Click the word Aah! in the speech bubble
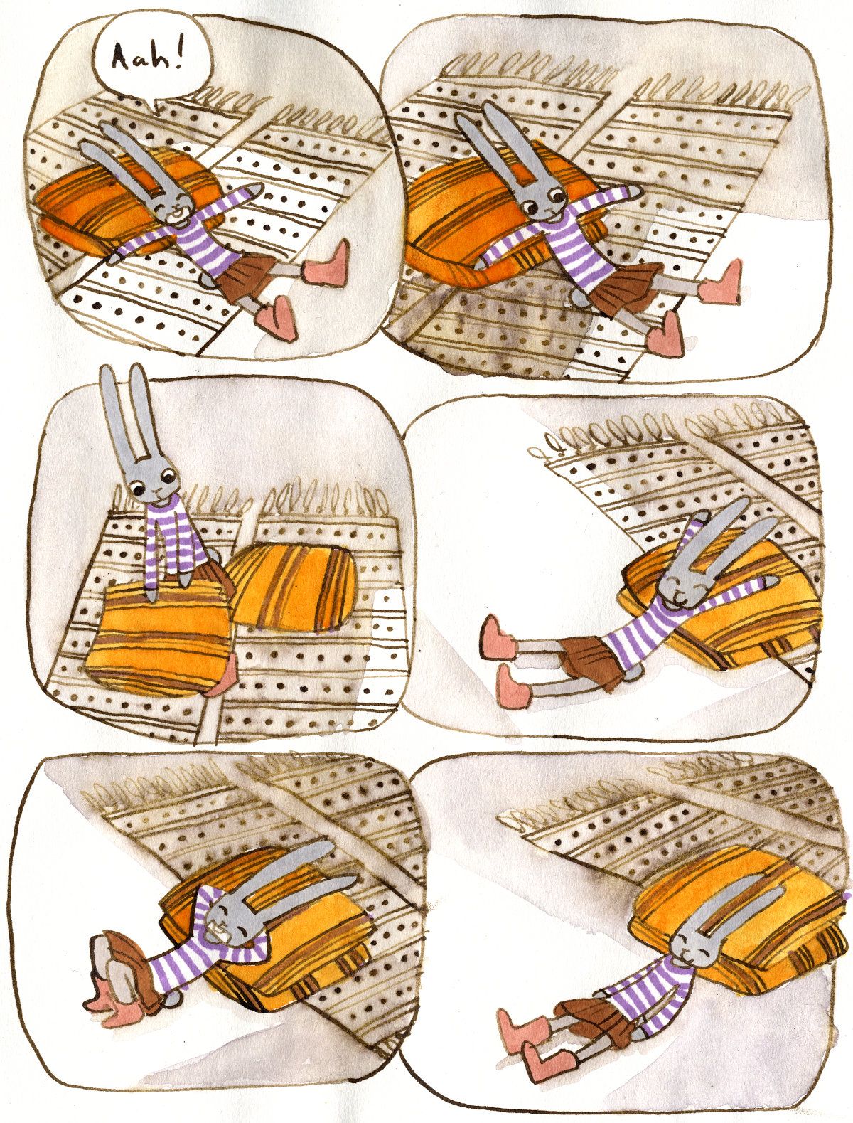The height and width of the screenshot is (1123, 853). point(146,61)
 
